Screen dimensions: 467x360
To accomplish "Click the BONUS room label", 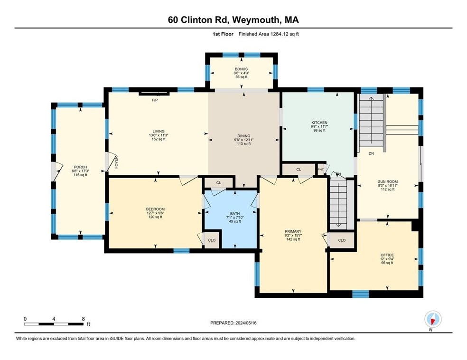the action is coord(241,69).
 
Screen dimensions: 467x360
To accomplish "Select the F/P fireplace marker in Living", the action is coord(154,100).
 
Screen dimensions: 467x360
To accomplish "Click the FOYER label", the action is coord(115,163).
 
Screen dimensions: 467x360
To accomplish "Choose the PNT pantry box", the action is coord(321,169).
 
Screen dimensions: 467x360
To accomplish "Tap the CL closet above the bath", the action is coord(218,182).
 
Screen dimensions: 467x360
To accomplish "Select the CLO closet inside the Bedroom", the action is coord(212,240).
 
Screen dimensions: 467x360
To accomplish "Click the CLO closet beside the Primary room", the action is coord(342,240).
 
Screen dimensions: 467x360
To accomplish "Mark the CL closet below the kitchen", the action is coord(299,169).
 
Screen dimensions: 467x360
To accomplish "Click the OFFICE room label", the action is coord(387,255).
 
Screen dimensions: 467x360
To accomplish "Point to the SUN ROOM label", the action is coord(387,182).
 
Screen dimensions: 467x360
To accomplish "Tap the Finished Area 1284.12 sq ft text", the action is coord(269,34).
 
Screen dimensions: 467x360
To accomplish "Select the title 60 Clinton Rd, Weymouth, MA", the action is coord(233,19).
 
